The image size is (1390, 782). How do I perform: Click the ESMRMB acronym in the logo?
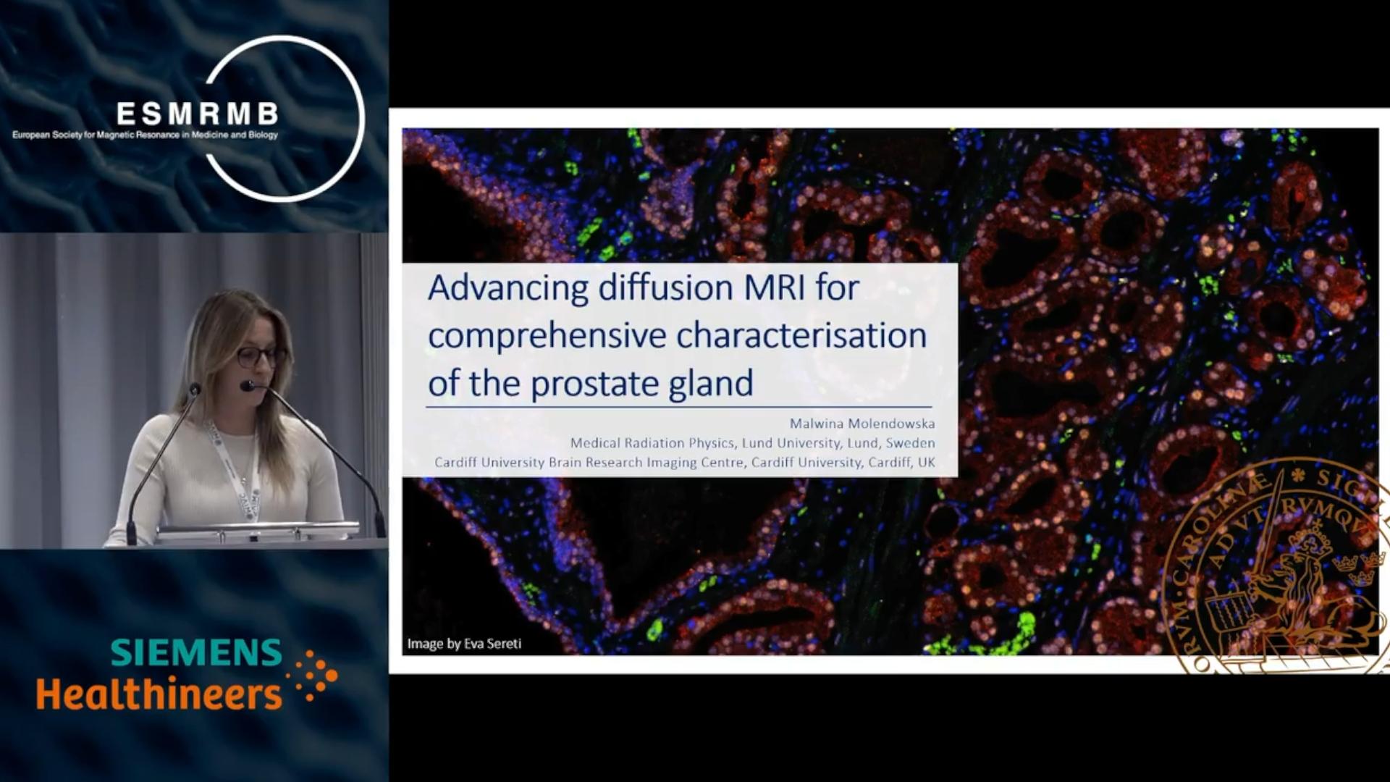(x=197, y=114)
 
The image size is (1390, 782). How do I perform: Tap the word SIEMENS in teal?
(x=196, y=652)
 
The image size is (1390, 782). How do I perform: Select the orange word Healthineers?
(x=159, y=694)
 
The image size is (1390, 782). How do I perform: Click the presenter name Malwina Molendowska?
(x=862, y=424)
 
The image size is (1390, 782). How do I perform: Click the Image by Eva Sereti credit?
(x=464, y=644)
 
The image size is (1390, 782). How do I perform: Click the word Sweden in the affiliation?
(x=911, y=443)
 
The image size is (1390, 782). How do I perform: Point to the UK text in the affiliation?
(x=927, y=462)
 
